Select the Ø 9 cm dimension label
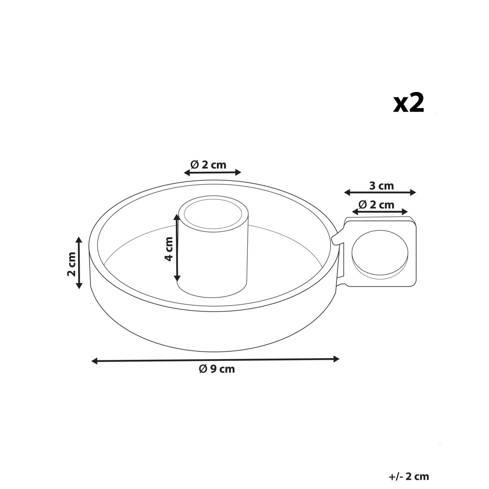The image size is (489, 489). tap(217, 369)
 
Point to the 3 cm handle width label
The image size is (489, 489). tap(381, 186)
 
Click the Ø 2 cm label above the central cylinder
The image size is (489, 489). tap(208, 165)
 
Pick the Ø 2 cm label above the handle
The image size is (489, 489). tap(377, 205)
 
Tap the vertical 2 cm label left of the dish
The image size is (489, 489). tap(71, 264)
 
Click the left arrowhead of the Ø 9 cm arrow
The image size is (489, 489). tap(95, 361)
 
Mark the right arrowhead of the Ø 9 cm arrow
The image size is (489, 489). tap(336, 359)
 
